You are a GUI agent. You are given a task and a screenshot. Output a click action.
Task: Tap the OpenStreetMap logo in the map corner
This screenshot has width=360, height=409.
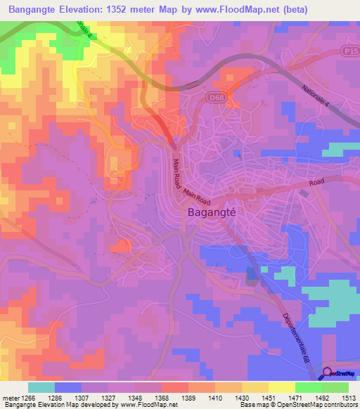[x=341, y=374]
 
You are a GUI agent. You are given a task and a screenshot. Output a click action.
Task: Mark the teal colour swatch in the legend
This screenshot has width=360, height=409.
[x=41, y=387]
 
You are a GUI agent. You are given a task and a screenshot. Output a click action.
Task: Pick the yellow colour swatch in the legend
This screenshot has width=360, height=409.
[x=282, y=387]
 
